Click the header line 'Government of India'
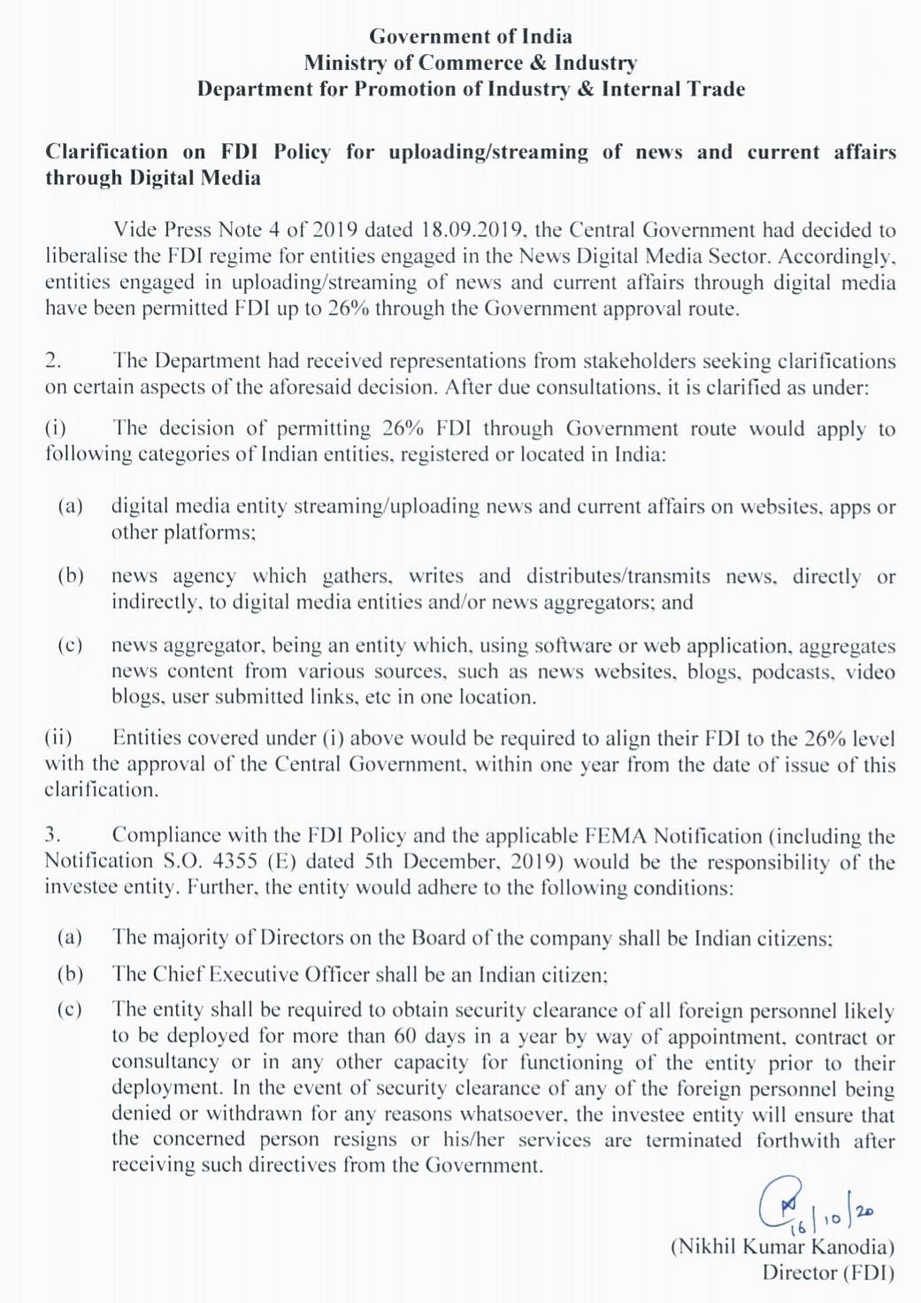[470, 37]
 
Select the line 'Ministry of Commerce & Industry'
[470, 63]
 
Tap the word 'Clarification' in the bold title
[106, 152]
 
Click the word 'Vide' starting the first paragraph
[134, 230]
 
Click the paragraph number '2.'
[53, 361]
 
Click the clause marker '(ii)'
[58, 739]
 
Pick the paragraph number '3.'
[53, 835]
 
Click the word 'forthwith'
[797, 1140]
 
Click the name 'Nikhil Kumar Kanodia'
[782, 1247]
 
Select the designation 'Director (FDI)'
[827, 1274]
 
